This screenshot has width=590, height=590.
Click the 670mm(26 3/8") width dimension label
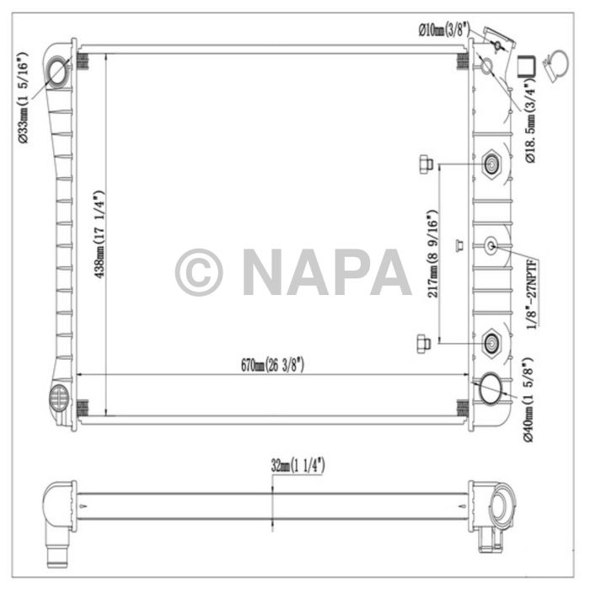pyautogui.click(x=272, y=365)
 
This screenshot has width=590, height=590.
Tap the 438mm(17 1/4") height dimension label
pyautogui.click(x=99, y=235)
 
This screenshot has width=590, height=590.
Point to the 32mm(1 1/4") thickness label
pyautogui.click(x=298, y=466)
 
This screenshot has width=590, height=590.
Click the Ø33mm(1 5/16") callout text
pyautogui.click(x=23, y=98)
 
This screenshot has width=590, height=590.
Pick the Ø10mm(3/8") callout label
pyautogui.click(x=444, y=29)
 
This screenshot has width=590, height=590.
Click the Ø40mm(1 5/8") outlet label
pyautogui.click(x=528, y=400)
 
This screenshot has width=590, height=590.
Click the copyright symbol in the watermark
pyautogui.click(x=199, y=272)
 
